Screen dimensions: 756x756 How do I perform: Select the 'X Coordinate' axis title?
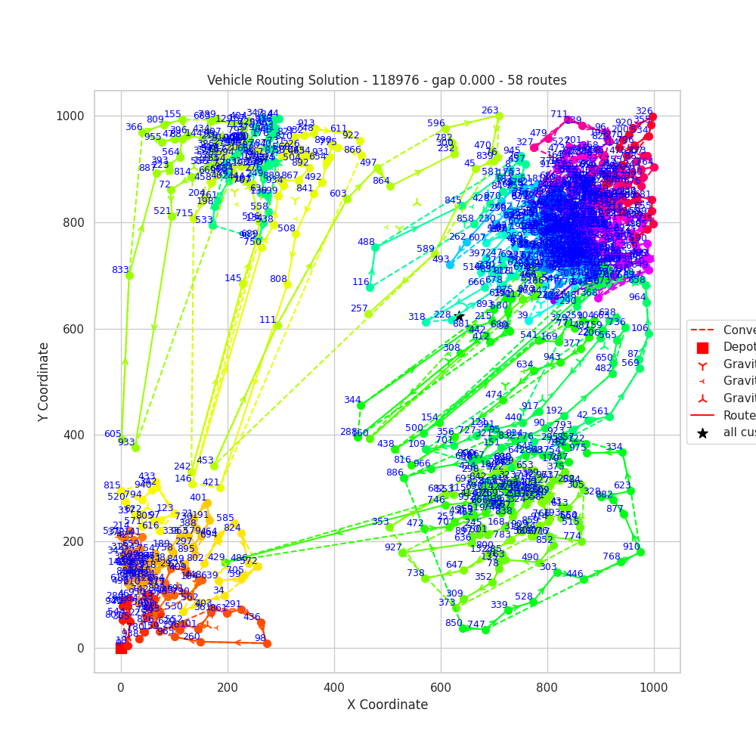(x=387, y=705)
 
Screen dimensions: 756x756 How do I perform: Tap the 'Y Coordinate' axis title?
(x=45, y=382)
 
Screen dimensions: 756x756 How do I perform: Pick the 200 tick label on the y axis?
(x=78, y=542)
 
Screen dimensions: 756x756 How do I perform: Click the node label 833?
(x=120, y=270)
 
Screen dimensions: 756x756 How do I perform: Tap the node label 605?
(x=113, y=434)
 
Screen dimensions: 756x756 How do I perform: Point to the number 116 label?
(x=361, y=282)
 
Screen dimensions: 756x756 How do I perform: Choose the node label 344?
(x=352, y=400)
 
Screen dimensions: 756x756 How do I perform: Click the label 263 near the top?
(x=490, y=110)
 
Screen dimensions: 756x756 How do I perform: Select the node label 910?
(x=631, y=547)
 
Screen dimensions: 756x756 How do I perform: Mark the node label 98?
(x=260, y=638)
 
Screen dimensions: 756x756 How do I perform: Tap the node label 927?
(x=393, y=547)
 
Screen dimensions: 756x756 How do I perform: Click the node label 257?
(x=359, y=308)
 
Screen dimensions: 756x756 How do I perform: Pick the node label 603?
(x=338, y=194)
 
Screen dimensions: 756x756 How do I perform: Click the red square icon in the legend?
(x=702, y=348)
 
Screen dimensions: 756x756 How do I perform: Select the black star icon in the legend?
(x=702, y=433)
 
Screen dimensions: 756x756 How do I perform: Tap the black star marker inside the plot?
(x=459, y=317)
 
